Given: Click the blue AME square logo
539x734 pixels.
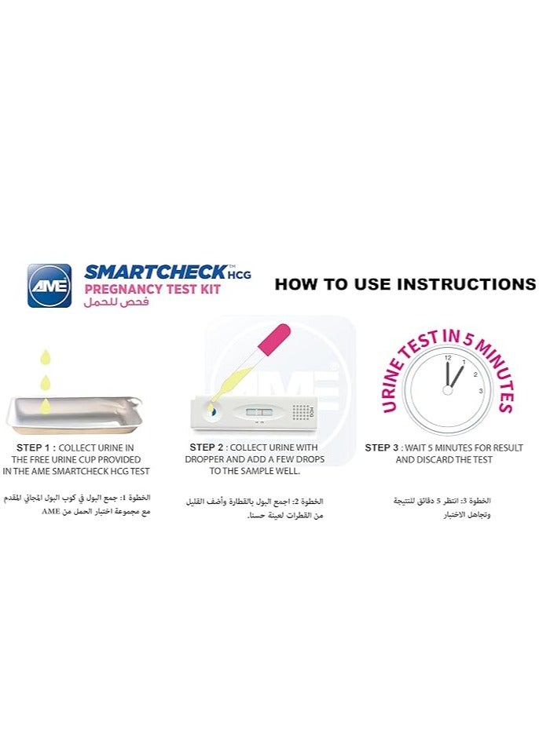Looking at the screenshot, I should tap(49, 285).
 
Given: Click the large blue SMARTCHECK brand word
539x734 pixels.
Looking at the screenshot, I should tap(155, 272).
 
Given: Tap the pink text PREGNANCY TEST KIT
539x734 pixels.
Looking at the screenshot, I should tap(152, 289).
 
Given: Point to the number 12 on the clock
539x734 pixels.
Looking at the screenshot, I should tap(448, 358).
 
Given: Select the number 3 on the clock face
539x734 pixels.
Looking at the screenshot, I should tap(480, 390).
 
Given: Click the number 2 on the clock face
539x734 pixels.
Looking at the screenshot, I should tap(475, 374).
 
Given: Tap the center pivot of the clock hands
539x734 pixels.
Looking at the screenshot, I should tap(448, 389).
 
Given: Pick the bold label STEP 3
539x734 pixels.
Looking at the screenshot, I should tap(383, 447).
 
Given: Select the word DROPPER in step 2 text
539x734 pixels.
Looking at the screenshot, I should tap(208, 458).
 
